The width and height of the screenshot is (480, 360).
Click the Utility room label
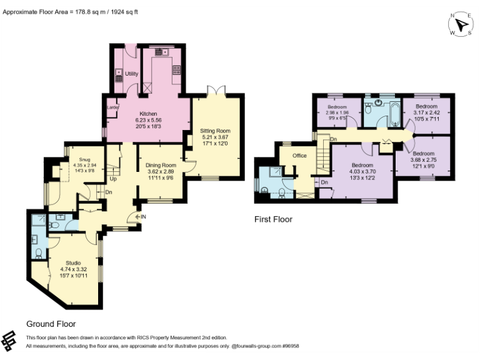pyautogui.click(x=131, y=74)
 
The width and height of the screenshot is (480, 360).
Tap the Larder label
pyautogui.click(x=113, y=107)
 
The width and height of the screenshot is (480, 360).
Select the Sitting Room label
pyautogui.click(x=215, y=131)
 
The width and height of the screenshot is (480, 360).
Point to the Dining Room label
pyautogui.click(x=161, y=165)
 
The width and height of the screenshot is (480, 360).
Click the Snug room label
pyautogui.click(x=84, y=159)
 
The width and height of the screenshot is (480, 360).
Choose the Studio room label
pyautogui.click(x=74, y=263)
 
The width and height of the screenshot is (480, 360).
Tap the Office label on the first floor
pyautogui.click(x=299, y=156)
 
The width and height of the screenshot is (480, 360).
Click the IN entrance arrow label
pyautogui.click(x=141, y=217)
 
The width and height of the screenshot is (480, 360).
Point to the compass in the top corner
pyautogui.click(x=461, y=24)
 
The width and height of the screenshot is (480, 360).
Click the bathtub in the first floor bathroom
pyautogui.click(x=395, y=115)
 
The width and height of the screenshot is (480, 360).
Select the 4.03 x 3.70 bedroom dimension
pyautogui.click(x=362, y=171)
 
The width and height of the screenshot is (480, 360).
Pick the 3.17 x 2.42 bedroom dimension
pyautogui.click(x=426, y=112)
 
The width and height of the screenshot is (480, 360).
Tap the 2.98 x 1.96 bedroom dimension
pyautogui.click(x=337, y=112)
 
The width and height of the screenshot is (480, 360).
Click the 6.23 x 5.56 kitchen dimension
pyautogui.click(x=149, y=120)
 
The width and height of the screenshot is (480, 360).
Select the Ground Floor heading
pyautogui.click(x=51, y=324)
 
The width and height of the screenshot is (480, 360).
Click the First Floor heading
pyautogui.click(x=273, y=219)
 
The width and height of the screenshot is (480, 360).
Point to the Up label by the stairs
pyautogui.click(x=113, y=179)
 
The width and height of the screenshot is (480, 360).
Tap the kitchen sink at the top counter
pyautogui.click(x=162, y=52)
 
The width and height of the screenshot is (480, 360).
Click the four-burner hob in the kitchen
pyautogui.click(x=177, y=70)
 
